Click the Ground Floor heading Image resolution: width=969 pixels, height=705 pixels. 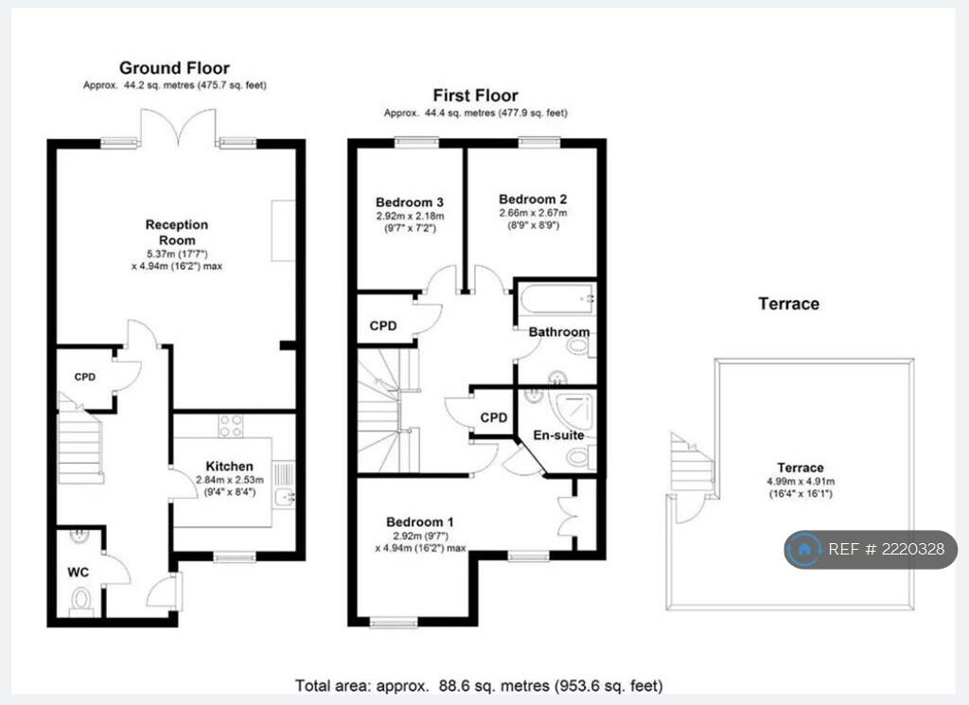pos(174,68)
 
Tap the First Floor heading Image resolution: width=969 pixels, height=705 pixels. pos(475,96)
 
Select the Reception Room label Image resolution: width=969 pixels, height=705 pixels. pos(177,233)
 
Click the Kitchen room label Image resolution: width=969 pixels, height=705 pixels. pos(229,467)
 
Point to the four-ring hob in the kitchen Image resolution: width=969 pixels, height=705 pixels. pos(231,426)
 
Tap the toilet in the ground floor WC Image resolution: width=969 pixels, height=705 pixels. pos(81,601)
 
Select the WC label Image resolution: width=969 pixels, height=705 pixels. pos(78,573)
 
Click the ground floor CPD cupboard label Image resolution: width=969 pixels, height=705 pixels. pos(84,377)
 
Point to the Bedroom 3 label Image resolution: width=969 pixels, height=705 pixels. pos(410,203)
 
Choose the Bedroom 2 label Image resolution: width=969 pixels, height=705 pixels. pos(533,200)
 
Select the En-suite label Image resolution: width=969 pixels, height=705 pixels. pos(558,435)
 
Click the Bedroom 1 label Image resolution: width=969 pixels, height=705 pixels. pos(420,522)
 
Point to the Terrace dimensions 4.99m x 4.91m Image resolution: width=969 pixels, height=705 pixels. pos(801,482)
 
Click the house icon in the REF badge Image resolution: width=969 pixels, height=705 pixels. pos(804,549)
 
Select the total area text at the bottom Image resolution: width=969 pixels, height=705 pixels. pos(479,686)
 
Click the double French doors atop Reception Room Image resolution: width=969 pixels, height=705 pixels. pos(179,128)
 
